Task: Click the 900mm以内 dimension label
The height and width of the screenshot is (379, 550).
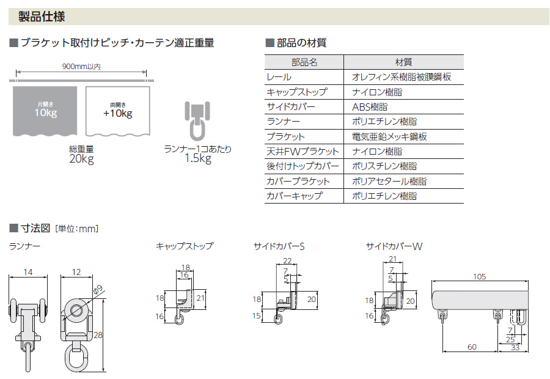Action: coord(81,67)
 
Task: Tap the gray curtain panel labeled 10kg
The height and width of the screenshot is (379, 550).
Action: coord(45,111)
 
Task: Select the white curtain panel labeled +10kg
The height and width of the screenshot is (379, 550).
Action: coord(118,111)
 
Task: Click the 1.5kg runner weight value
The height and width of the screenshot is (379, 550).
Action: coord(197,160)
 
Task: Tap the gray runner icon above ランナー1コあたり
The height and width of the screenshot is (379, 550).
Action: coord(197,121)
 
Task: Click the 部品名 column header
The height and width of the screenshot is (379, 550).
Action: coord(304,62)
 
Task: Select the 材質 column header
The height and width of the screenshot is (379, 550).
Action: coord(403,62)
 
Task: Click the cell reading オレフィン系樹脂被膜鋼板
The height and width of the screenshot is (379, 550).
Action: coord(402,77)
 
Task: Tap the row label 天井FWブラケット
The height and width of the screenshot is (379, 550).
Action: coord(302,151)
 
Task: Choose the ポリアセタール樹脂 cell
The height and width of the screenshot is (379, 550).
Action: coord(389,181)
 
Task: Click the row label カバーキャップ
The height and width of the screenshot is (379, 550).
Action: coord(295,196)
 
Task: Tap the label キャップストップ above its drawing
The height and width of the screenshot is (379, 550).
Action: coord(185,246)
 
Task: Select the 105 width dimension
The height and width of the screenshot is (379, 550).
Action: coord(479,277)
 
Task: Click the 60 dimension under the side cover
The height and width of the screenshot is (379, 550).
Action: coord(471,347)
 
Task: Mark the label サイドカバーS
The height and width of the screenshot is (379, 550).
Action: coord(279,246)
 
